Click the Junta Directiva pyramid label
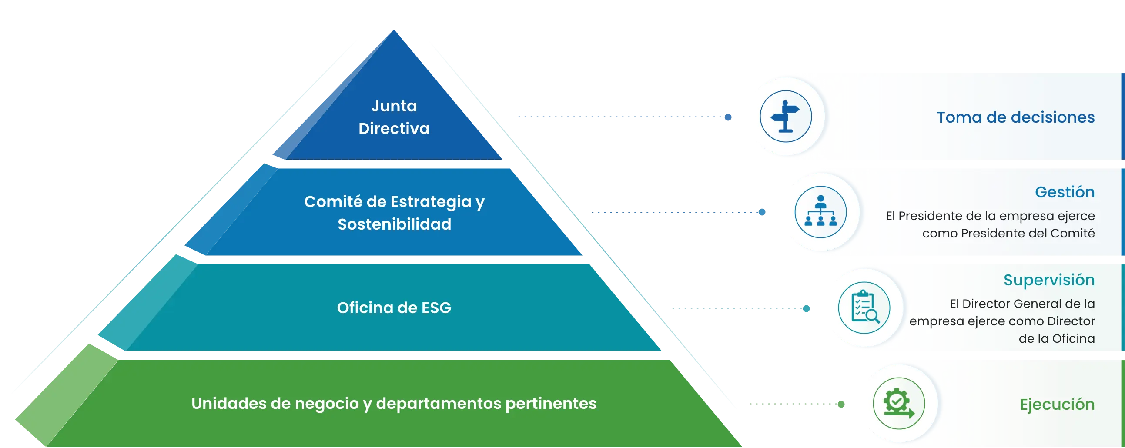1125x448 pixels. (x=394, y=117)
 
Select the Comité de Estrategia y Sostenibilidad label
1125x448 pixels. (x=395, y=213)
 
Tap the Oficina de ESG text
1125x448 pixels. (x=394, y=308)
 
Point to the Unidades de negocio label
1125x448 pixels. (x=394, y=404)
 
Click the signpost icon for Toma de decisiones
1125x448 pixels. (x=786, y=117)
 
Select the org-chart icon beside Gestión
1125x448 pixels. (x=820, y=212)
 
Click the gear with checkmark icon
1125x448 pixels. (x=898, y=403)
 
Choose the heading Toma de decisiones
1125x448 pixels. (x=1015, y=117)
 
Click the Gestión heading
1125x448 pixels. (x=1065, y=192)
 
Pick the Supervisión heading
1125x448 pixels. (x=1049, y=280)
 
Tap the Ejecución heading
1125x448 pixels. (x=1057, y=405)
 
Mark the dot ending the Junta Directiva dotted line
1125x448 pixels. (x=728, y=117)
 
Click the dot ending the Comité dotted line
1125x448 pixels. (x=762, y=212)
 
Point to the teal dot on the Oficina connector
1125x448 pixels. (x=807, y=309)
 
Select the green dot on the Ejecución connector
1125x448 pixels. (x=841, y=405)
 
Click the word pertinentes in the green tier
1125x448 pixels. (x=551, y=404)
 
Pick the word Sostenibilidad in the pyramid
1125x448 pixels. (x=395, y=224)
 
